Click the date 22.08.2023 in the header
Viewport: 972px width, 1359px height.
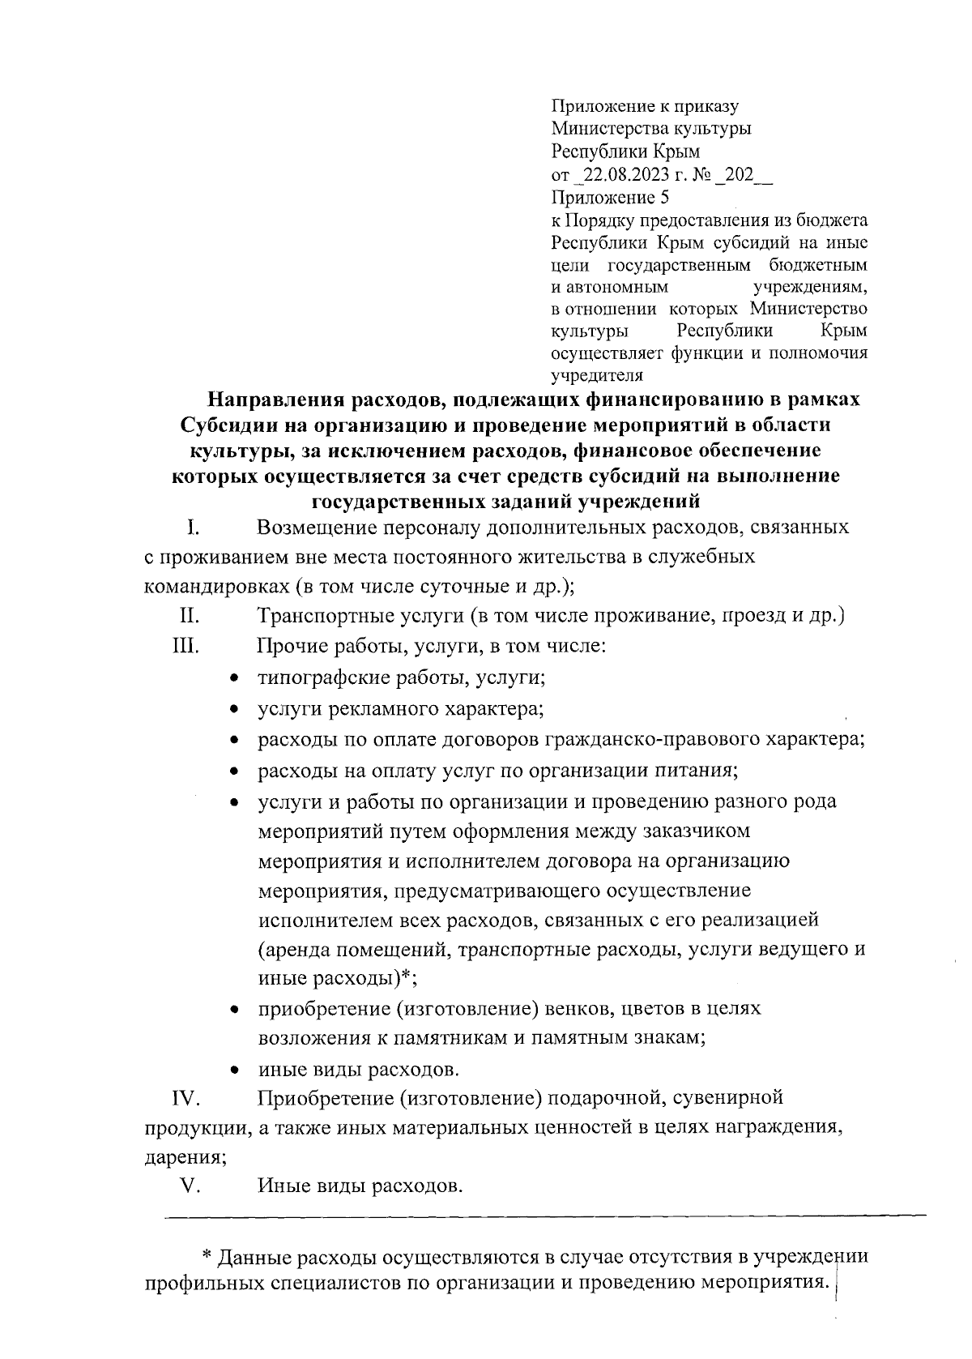click(x=623, y=174)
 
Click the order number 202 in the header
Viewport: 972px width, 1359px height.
click(x=740, y=174)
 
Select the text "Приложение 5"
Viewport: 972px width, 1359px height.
click(x=610, y=197)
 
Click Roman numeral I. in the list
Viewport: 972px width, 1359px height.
click(x=193, y=528)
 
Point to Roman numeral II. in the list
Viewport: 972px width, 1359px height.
click(x=190, y=616)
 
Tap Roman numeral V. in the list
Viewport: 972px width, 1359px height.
click(x=190, y=1186)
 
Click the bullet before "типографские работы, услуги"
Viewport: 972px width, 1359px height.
click(x=234, y=678)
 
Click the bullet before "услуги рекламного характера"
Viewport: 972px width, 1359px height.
click(x=234, y=710)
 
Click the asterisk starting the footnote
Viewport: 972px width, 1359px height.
click(x=207, y=1255)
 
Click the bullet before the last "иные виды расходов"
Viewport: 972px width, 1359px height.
click(x=234, y=1070)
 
